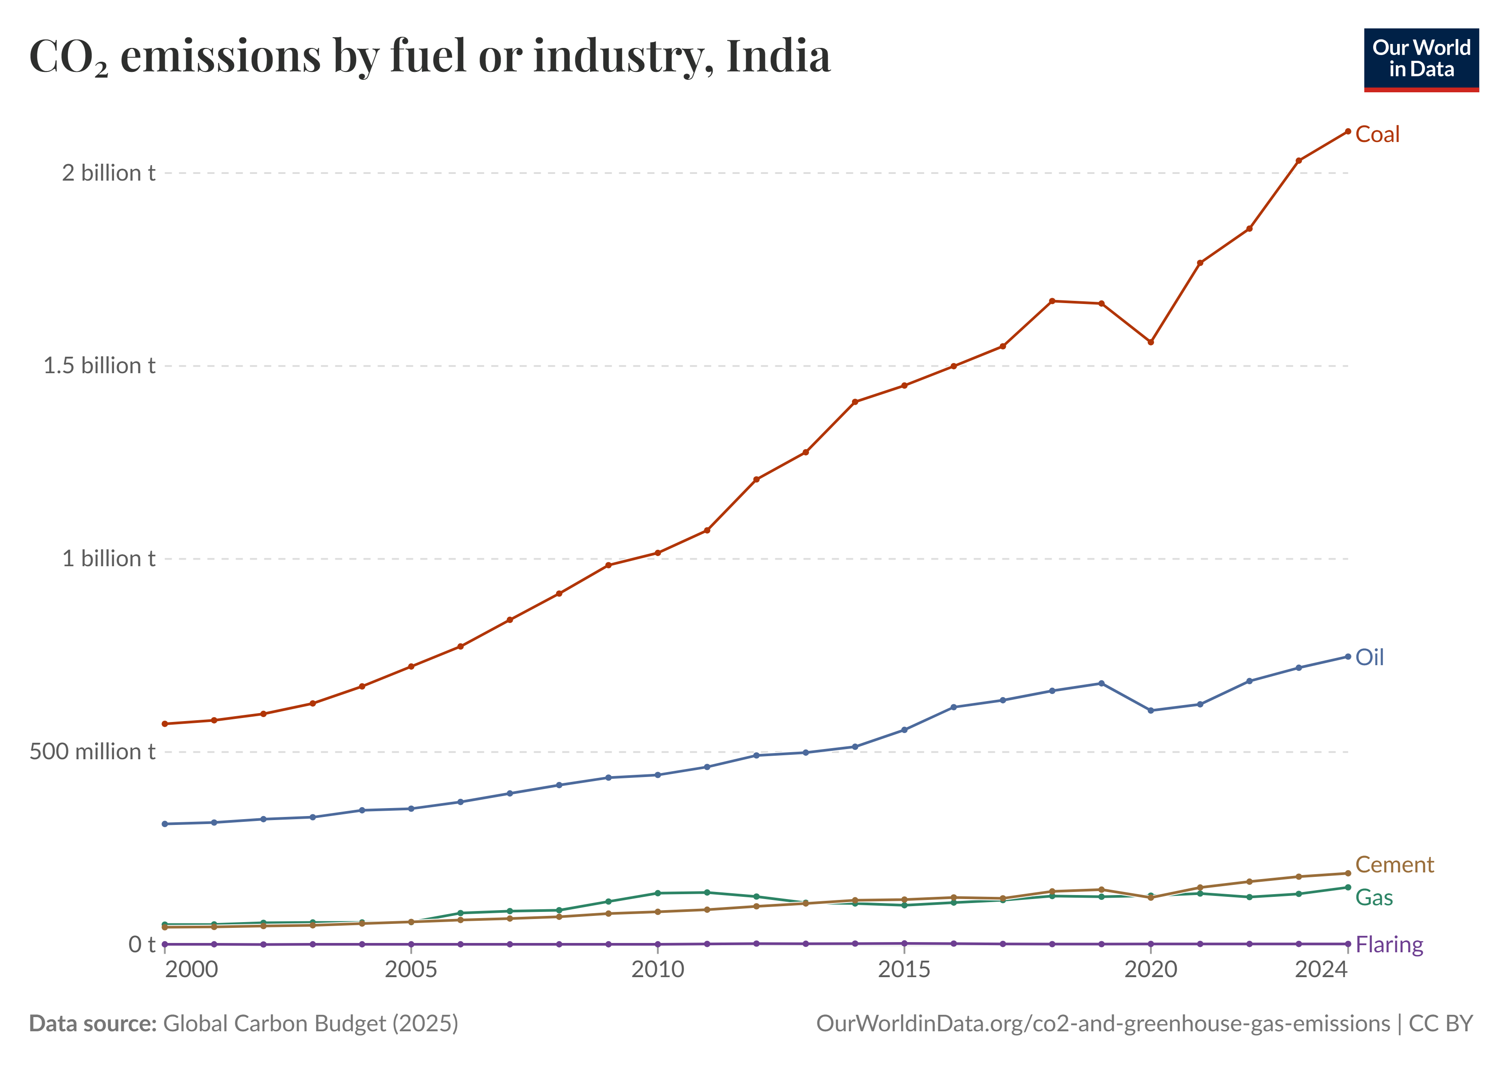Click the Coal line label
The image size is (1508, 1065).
pyautogui.click(x=1377, y=135)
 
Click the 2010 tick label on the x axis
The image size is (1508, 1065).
pyautogui.click(x=657, y=969)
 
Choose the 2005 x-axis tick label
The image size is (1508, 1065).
pyautogui.click(x=411, y=969)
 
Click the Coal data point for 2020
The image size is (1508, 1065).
pyautogui.click(x=1151, y=342)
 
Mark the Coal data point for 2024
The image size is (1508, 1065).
pyautogui.click(x=1348, y=131)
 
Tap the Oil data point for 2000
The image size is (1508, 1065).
pyautogui.click(x=165, y=824)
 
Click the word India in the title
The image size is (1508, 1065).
pyautogui.click(x=778, y=56)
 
